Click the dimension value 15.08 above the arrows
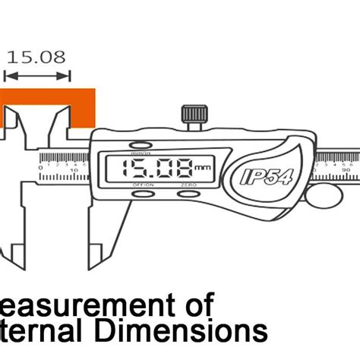point(36,57)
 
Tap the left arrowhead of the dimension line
point(8,75)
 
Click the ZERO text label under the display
point(188,185)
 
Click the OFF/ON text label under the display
point(143,185)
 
